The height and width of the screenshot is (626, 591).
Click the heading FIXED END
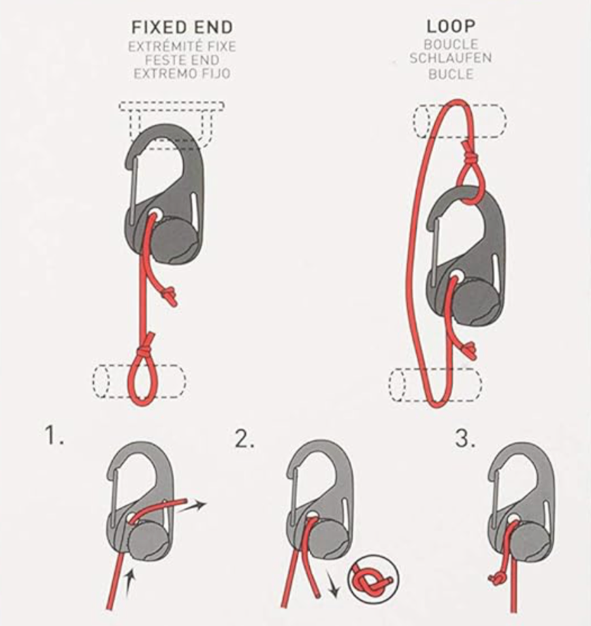click(x=182, y=27)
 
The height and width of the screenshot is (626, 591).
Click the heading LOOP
click(x=451, y=27)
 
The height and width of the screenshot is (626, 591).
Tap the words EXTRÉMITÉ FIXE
click(x=182, y=47)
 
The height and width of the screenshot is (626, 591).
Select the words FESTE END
click(x=182, y=61)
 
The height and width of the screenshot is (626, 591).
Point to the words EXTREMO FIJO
click(x=182, y=74)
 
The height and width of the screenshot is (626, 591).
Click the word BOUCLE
click(x=451, y=44)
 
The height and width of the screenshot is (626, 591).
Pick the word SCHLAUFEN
click(x=451, y=59)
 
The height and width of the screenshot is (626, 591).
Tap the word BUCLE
click(x=451, y=74)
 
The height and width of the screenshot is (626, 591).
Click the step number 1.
click(x=54, y=435)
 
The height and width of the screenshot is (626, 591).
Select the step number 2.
click(x=244, y=440)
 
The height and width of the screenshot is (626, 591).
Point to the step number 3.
click(x=466, y=440)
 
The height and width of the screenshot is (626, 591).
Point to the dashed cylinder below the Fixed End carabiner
click(x=140, y=380)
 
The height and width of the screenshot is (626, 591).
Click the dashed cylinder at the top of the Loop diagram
click(x=460, y=121)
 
